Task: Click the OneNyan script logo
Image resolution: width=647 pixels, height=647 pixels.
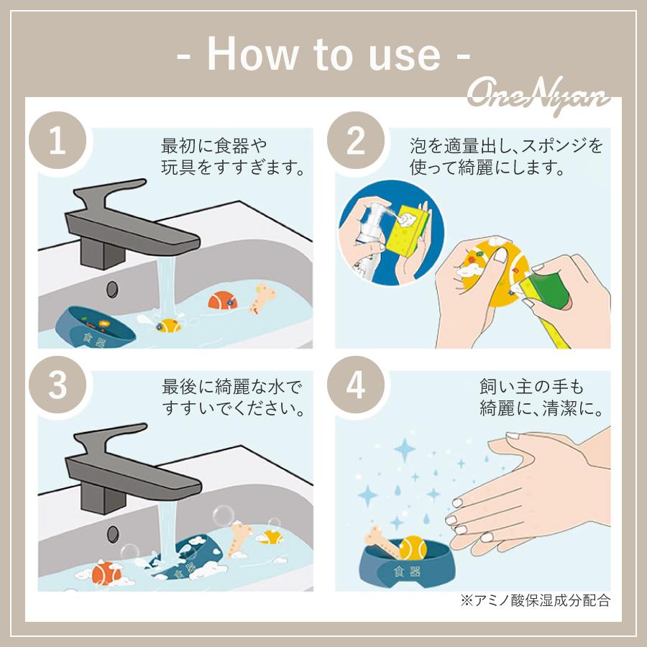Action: pos(538,96)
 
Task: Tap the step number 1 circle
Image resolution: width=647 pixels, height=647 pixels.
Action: pos(58,141)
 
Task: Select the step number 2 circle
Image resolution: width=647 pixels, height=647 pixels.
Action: pos(356,141)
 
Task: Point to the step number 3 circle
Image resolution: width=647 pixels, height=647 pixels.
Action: pos(58,385)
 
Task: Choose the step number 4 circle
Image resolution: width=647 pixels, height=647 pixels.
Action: pos(356,385)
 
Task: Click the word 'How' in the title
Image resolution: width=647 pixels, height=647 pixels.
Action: pos(252,54)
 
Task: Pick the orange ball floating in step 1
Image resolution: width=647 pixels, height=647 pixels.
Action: pos(222,300)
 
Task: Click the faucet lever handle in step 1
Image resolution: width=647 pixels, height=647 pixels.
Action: pos(109,194)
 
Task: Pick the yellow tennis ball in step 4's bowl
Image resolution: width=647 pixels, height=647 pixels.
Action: pos(413,548)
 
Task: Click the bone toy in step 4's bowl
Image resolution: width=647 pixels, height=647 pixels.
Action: pos(382,542)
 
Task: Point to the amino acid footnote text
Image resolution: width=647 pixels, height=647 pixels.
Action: pos(535,600)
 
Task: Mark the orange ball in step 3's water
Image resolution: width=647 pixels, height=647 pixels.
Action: pos(106,573)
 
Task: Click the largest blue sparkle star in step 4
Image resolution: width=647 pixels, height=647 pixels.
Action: pos(404,449)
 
